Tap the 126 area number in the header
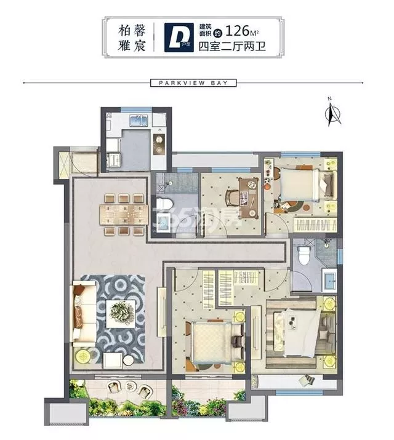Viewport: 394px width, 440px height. tap(238, 31)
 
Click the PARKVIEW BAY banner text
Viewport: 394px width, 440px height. tap(193, 83)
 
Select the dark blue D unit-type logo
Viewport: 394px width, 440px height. tap(179, 38)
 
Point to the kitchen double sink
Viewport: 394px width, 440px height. tap(139, 121)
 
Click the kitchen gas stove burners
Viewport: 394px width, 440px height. tap(159, 143)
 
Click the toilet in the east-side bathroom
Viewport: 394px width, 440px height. tap(304, 256)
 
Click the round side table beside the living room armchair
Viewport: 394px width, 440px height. tap(129, 361)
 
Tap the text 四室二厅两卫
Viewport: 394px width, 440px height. tap(232, 46)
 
